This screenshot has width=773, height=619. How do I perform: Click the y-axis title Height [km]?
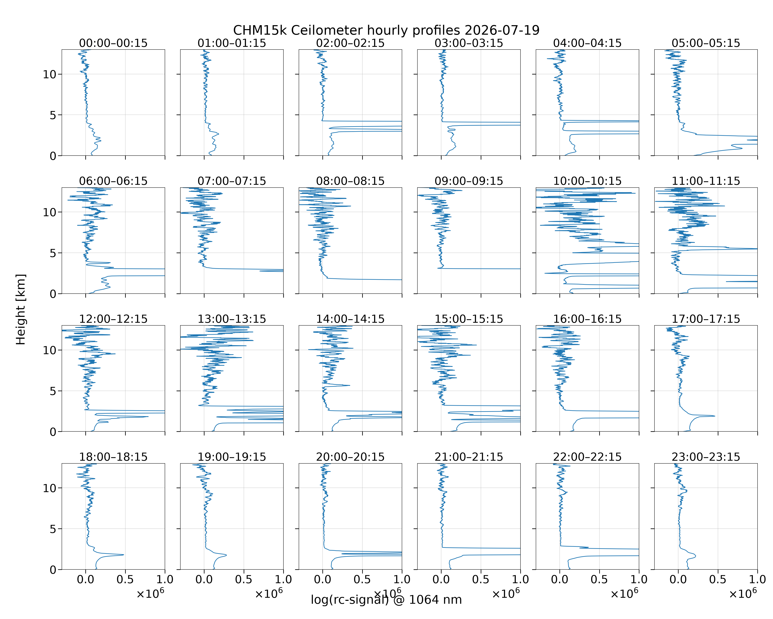(x=21, y=309)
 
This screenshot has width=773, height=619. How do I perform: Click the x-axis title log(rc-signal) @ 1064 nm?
(x=386, y=600)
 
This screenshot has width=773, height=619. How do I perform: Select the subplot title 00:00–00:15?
(x=113, y=43)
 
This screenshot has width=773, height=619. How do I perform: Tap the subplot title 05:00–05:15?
(x=706, y=43)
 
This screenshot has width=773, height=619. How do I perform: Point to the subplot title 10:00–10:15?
(x=587, y=181)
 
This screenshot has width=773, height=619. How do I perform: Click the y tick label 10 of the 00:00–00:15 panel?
(x=50, y=74)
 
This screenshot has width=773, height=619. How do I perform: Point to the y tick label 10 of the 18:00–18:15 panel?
(x=50, y=488)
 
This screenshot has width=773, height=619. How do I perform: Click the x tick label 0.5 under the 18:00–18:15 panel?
(x=125, y=579)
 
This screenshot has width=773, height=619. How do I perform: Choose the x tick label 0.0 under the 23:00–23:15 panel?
(x=678, y=579)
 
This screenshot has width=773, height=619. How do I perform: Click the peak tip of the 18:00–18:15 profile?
(x=124, y=555)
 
